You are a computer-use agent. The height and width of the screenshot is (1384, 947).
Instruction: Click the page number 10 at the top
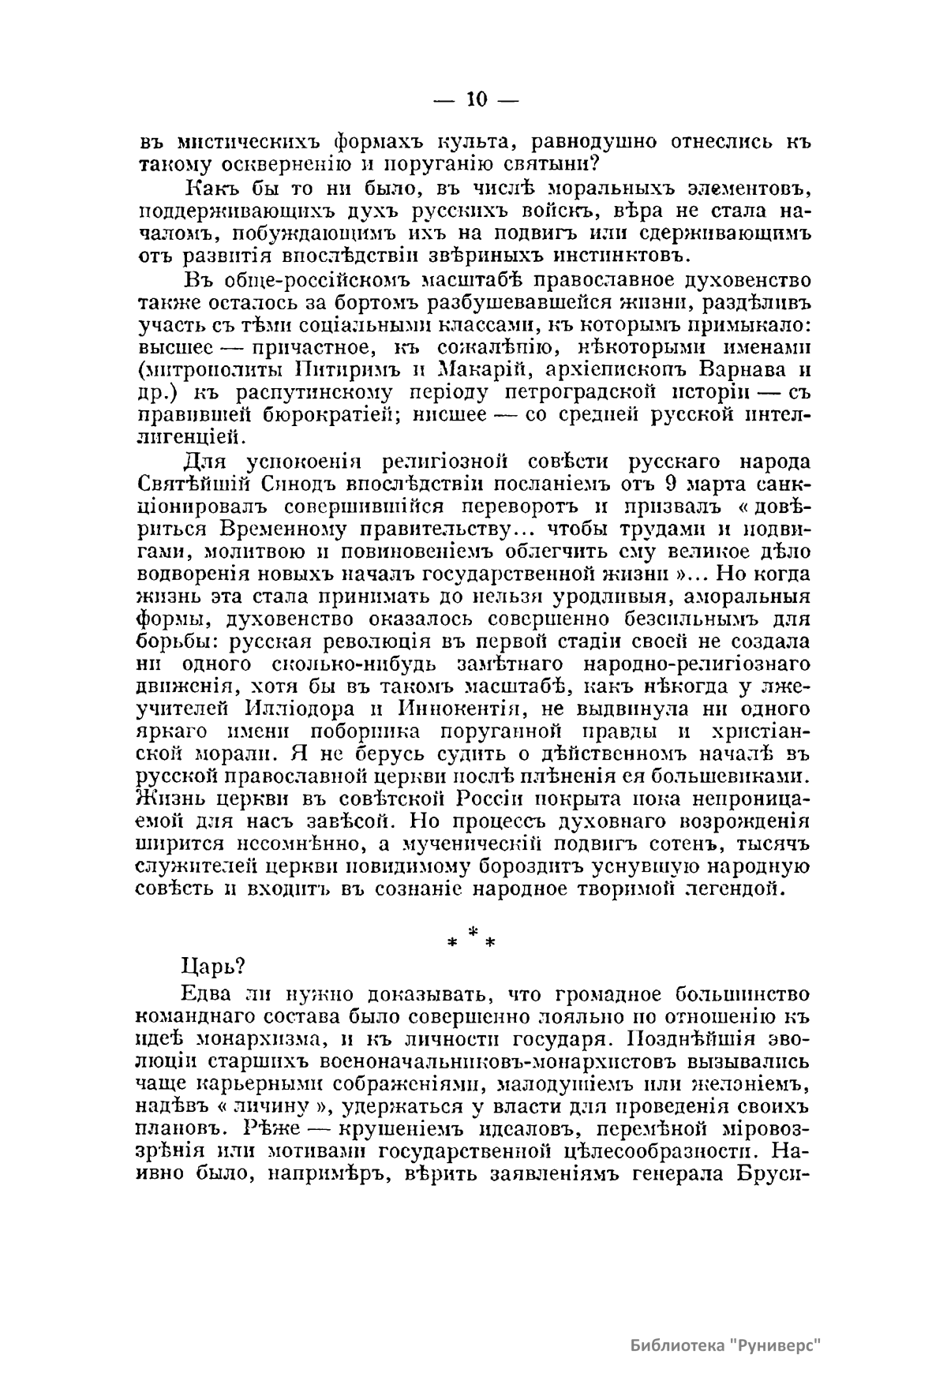coord(474,99)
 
